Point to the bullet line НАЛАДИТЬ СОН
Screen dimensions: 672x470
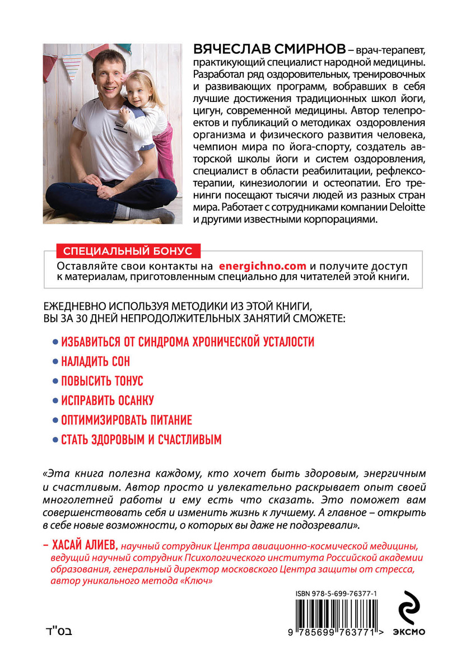(x=95, y=361)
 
